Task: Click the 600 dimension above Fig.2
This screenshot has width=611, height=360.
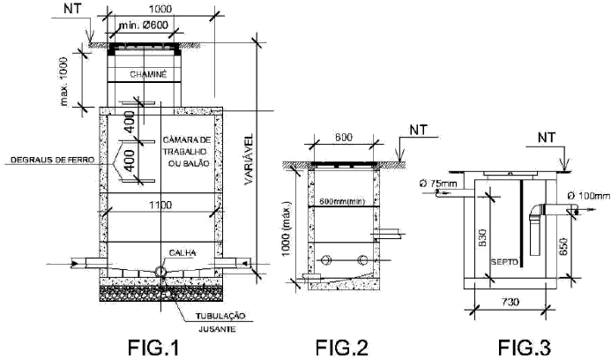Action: coord(344,138)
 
